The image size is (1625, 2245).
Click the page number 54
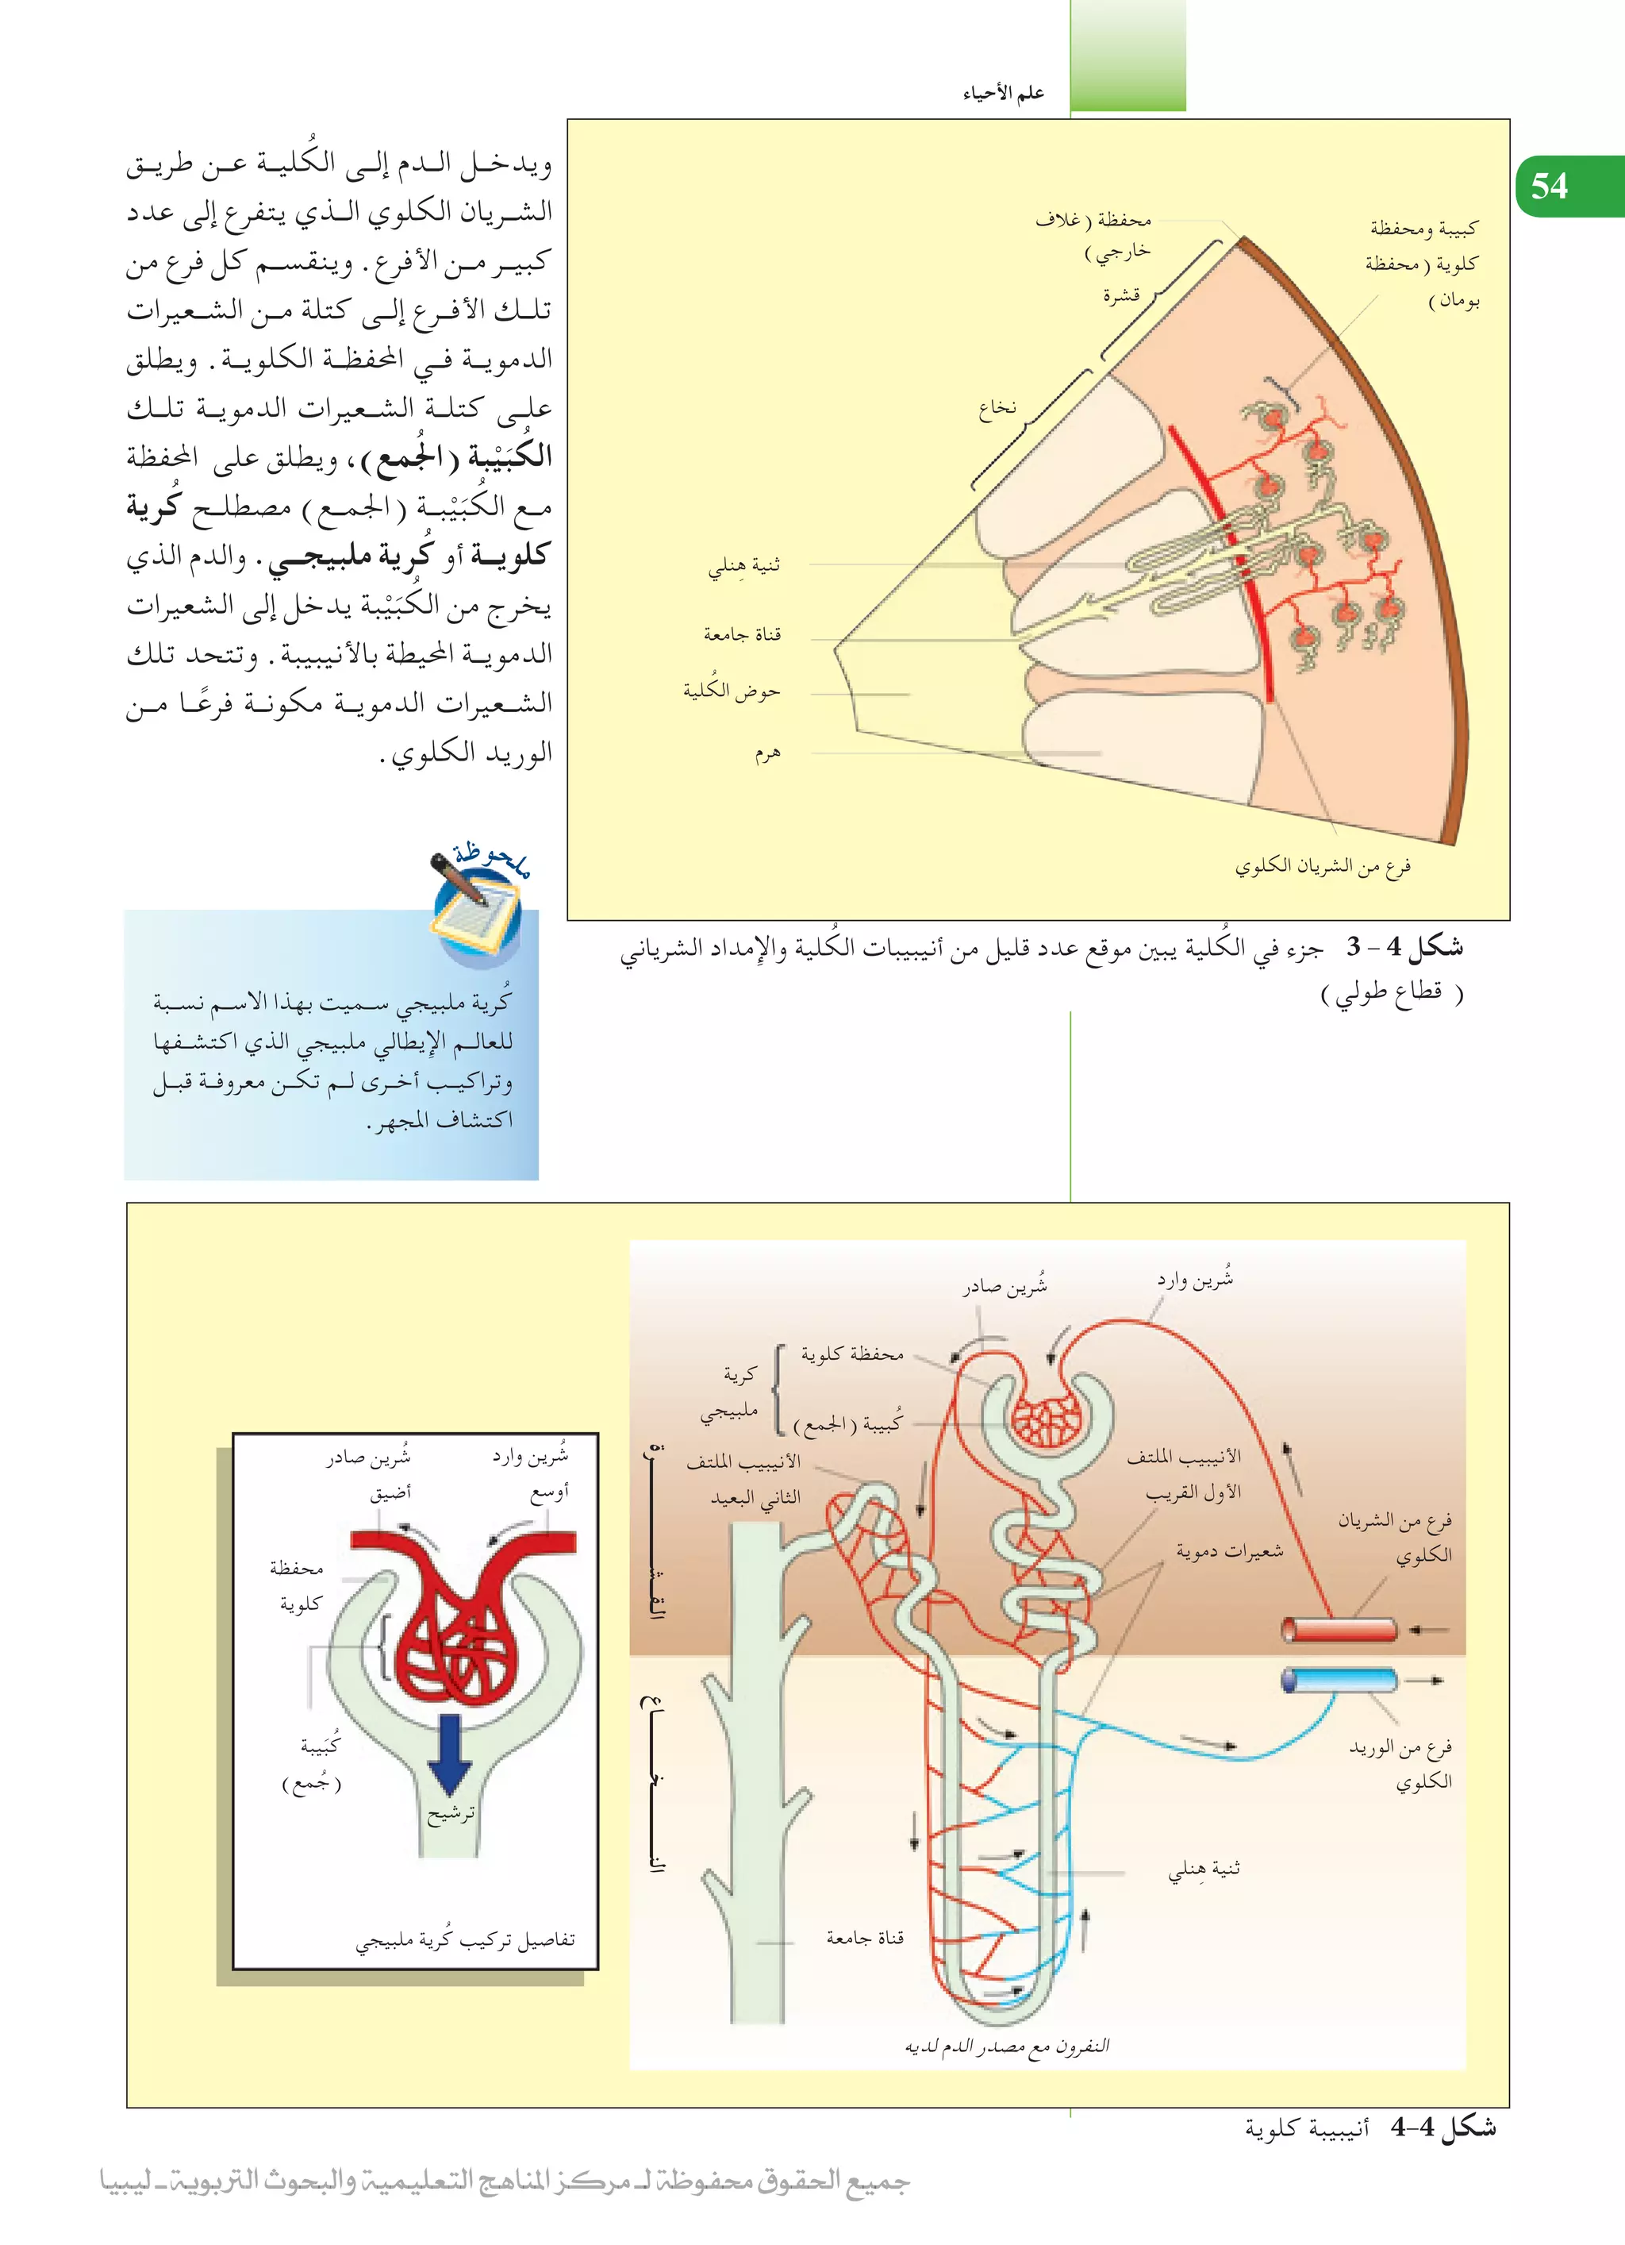coord(1549,185)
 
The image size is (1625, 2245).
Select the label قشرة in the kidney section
coord(1121,295)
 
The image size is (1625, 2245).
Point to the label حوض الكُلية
coord(732,690)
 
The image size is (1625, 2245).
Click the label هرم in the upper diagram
coord(767,753)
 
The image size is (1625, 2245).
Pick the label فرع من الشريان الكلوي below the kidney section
coord(1322,866)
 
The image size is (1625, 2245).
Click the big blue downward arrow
coord(451,1753)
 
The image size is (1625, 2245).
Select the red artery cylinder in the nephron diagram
coord(1340,1628)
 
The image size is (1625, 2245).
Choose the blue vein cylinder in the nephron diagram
coord(1340,1680)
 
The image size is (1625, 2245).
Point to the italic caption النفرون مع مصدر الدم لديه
coord(1008,2045)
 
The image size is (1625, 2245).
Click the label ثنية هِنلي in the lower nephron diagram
coord(1204,1869)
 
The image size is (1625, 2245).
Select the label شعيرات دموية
coord(1229,1551)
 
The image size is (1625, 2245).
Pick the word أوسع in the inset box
coord(549,1492)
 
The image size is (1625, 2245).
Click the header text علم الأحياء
coord(1004,93)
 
